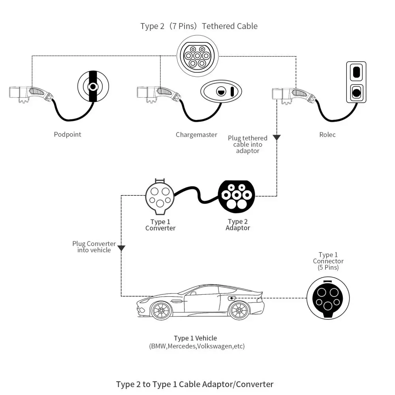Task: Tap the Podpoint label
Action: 68,135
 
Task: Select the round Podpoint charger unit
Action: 93,86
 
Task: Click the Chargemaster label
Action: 196,135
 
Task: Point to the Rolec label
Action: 327,135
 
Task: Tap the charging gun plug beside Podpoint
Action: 30,93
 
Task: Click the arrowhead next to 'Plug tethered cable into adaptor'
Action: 276,137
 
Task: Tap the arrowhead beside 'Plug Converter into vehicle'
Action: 121,248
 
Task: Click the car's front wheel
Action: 161,311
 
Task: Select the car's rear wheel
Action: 239,311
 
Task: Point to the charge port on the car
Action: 232,298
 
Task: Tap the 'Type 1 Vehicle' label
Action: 195,339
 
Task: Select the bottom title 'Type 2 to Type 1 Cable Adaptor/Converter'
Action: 195,384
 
